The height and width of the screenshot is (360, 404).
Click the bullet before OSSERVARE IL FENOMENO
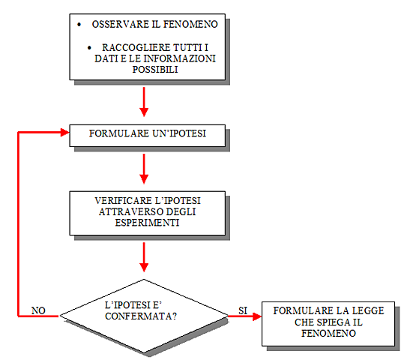tap(79, 25)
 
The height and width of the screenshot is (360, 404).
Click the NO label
tap(38, 310)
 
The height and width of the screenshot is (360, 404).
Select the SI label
tap(242, 309)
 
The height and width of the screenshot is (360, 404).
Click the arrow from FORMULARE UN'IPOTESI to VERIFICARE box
tap(142, 169)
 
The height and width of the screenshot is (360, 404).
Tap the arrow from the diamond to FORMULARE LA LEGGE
tap(243, 316)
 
